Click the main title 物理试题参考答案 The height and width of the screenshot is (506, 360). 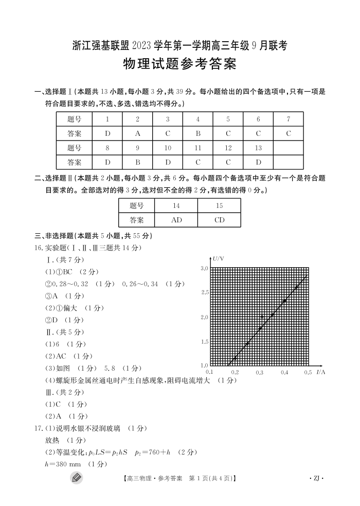(x=179, y=65)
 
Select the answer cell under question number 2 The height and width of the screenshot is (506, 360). (x=137, y=133)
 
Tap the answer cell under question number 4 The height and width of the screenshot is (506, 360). (x=198, y=133)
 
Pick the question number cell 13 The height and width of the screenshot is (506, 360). (x=258, y=148)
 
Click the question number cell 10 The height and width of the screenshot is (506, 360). (x=168, y=148)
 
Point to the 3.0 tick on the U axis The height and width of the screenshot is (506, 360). (x=204, y=269)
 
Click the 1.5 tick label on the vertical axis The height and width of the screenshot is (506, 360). (x=204, y=342)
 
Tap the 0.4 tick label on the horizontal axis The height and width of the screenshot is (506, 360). (x=284, y=372)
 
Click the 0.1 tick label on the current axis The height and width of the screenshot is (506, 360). (x=209, y=372)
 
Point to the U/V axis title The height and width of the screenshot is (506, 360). (x=218, y=257)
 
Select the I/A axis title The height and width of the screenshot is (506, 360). (x=321, y=371)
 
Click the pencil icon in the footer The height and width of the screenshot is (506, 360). (x=77, y=478)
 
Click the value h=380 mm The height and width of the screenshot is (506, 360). (x=63, y=464)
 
